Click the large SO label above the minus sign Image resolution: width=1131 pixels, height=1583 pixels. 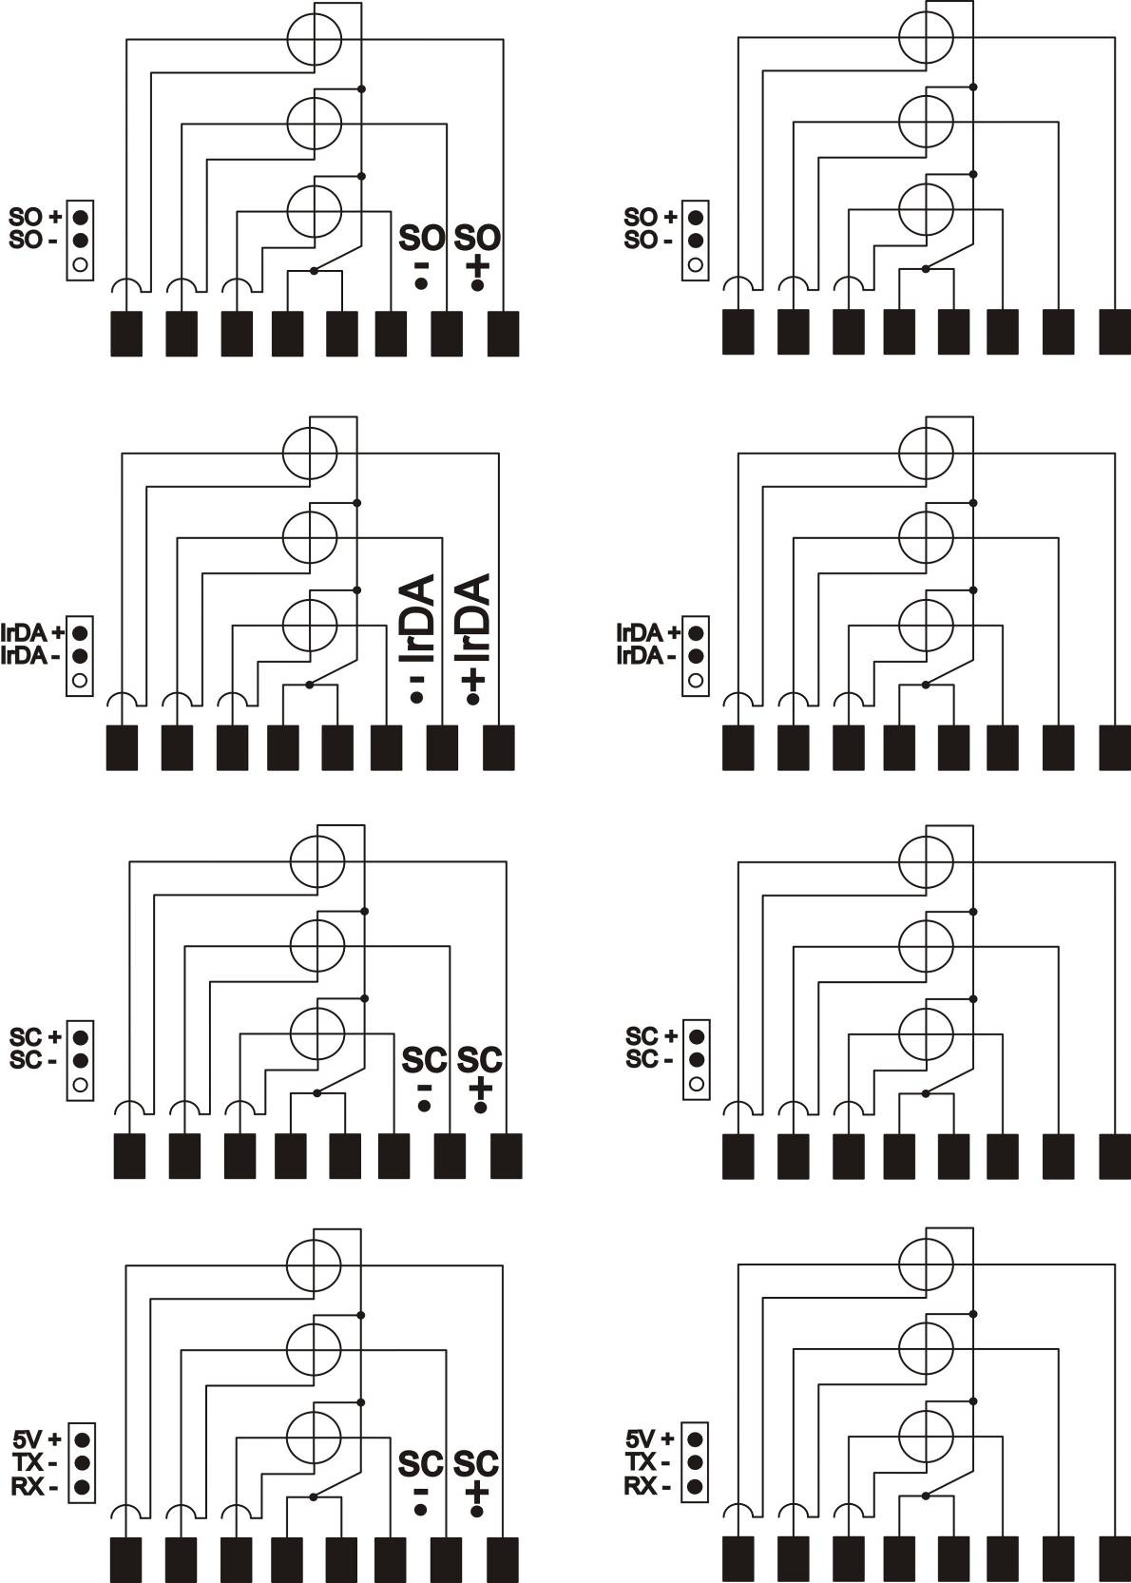pos(422,239)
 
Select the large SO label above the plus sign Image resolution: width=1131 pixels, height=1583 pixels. pos(477,239)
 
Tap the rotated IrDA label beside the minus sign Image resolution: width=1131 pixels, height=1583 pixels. pos(417,618)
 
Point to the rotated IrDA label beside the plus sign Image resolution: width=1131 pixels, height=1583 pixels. pos(472,618)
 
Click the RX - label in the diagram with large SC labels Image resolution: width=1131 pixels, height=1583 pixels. pos(34,1487)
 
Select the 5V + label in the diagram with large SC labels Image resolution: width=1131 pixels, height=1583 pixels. pos(37,1438)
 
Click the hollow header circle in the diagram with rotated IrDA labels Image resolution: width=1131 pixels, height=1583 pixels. pos(80,680)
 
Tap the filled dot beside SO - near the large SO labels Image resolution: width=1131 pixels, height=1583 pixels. pos(81,241)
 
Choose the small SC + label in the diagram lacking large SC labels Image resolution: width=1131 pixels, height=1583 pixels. pos(651,1036)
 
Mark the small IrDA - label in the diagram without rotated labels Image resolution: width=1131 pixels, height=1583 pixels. pos(645,656)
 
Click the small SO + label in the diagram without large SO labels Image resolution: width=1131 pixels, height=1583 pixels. pos(651,216)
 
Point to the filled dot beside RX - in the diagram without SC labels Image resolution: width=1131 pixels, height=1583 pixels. pos(695,1486)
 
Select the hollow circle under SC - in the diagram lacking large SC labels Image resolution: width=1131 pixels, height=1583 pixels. pos(696,1084)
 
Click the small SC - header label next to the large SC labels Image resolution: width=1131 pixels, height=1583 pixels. pos(33,1060)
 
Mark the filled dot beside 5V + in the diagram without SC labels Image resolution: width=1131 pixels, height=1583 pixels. pos(695,1438)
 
